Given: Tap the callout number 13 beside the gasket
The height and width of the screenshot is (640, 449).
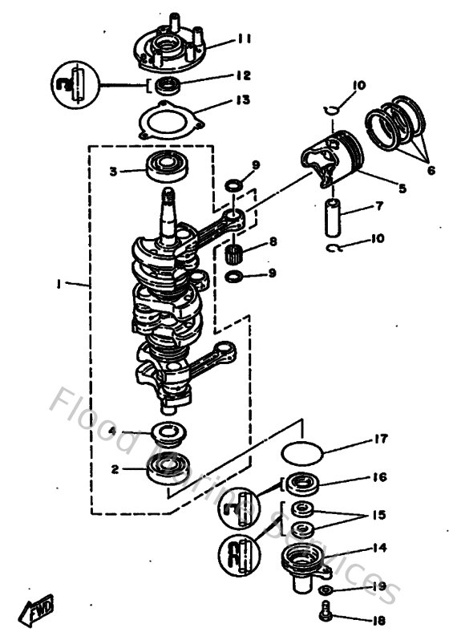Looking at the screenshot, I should (x=243, y=100).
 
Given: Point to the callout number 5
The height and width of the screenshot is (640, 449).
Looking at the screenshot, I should (x=402, y=189).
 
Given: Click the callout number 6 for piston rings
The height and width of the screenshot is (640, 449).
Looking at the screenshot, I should (x=431, y=170).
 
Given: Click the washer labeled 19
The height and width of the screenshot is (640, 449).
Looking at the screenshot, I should (x=326, y=590).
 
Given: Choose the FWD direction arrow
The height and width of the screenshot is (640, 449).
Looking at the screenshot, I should (x=37, y=614).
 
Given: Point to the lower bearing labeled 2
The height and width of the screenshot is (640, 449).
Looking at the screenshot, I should (x=167, y=470).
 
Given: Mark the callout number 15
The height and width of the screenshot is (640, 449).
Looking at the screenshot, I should (x=380, y=516).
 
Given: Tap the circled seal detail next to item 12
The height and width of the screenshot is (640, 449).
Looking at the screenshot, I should (x=74, y=85).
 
